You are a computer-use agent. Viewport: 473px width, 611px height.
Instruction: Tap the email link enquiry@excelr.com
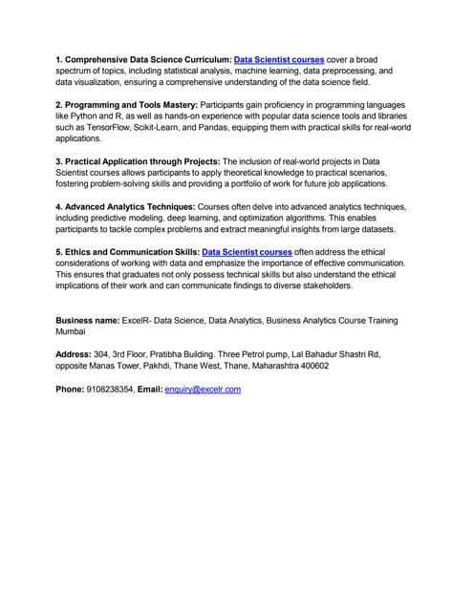pos(203,390)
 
